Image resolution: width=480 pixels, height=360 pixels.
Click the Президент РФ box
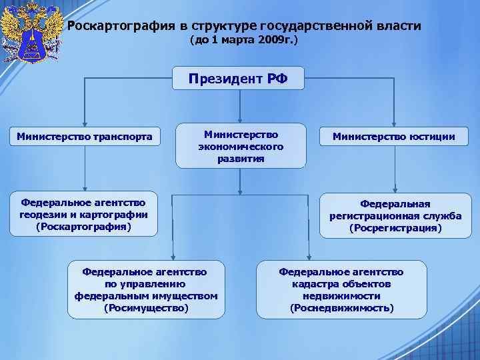(238, 79)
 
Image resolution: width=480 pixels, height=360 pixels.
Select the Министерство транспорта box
(84, 137)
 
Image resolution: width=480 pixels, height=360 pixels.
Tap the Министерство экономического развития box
(241, 146)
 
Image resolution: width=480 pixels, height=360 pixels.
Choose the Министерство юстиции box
(395, 137)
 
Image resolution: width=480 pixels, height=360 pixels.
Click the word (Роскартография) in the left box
(84, 227)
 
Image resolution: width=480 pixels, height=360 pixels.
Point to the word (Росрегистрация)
(395, 228)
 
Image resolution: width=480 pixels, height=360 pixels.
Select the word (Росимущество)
(147, 308)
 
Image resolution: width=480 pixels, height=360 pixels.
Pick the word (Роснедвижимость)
(341, 308)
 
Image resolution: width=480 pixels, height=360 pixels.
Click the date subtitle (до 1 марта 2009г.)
(244, 41)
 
